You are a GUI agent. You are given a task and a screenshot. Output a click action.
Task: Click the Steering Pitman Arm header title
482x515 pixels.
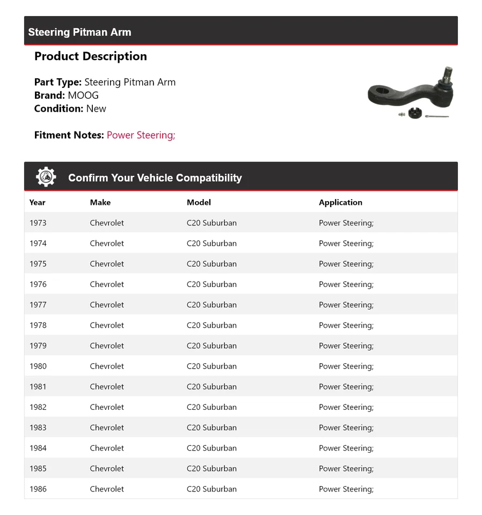tap(79, 32)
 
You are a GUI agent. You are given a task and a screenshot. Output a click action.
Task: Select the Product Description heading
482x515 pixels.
tap(90, 56)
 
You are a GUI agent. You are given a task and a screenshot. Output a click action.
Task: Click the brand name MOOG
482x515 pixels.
tap(83, 95)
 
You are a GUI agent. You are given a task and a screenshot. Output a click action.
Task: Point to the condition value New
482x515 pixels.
tap(96, 108)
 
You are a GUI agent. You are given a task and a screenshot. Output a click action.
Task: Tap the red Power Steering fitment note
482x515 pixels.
tap(141, 135)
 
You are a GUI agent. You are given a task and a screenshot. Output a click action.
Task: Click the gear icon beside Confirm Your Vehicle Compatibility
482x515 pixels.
tap(46, 177)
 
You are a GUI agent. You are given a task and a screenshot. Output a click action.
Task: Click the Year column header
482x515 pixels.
tap(38, 202)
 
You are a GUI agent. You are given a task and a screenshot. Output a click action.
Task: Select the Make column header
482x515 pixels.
tap(100, 202)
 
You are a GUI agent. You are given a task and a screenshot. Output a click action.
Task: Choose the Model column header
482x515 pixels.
tap(199, 202)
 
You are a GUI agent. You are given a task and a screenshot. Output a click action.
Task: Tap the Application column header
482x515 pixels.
tap(340, 202)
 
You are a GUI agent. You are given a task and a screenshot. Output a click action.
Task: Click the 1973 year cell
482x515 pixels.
tap(38, 223)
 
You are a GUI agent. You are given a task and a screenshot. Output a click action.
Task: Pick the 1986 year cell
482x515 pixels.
tap(38, 489)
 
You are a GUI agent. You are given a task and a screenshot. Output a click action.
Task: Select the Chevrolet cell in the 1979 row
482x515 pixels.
tap(107, 345)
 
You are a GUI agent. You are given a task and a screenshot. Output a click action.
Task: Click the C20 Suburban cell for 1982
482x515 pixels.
tap(211, 407)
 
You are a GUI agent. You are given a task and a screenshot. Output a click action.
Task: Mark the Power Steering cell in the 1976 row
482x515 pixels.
tap(346, 284)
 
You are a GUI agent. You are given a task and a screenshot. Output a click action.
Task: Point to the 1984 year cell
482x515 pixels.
tap(38, 448)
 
